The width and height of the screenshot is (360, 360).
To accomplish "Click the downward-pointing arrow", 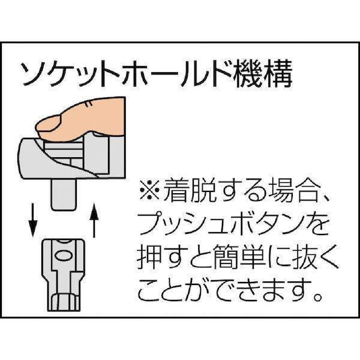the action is point(32,220).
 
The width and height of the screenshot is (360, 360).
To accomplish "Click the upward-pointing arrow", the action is point(94,220).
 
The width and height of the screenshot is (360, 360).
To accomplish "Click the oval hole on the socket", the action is point(64,256).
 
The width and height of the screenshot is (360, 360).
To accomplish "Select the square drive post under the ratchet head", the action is point(64,194).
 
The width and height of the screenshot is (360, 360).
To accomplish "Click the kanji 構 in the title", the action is point(278,73).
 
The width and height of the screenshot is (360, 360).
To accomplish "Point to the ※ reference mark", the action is point(149,190).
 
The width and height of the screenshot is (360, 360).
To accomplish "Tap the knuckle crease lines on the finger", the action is point(88,104).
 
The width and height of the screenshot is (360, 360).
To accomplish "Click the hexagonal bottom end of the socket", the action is point(64,302).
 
